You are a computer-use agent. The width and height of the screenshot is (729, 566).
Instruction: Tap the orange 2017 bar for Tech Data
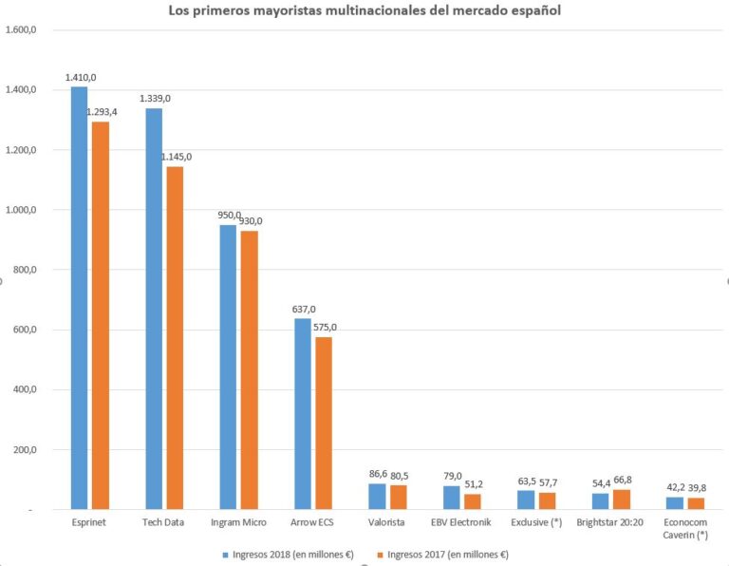[175, 338]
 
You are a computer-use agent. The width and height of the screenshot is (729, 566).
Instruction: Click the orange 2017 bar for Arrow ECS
[324, 424]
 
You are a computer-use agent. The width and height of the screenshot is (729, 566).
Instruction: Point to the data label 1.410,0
[81, 77]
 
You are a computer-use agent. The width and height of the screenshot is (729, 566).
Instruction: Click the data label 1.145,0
[177, 157]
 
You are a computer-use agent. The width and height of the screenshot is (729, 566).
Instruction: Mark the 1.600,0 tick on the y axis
[21, 29]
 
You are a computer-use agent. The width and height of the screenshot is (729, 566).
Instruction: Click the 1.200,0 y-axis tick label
[21, 150]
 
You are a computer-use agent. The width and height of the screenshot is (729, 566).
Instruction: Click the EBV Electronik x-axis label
[462, 523]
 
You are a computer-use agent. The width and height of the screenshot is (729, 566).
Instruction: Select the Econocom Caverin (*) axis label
[687, 529]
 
